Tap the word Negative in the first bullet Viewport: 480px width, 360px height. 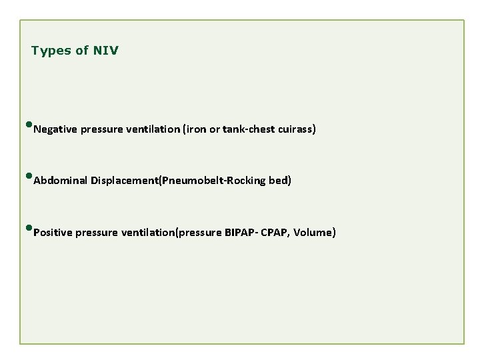[x=55, y=129]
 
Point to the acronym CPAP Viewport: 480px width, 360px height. [x=276, y=233]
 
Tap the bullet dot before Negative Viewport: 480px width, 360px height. [x=30, y=125]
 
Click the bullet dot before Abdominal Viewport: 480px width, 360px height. [x=30, y=177]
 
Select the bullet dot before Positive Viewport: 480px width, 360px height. [x=30, y=229]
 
